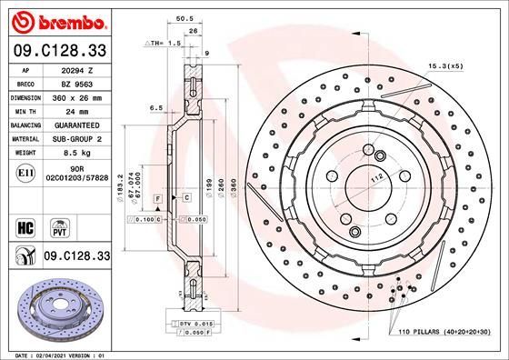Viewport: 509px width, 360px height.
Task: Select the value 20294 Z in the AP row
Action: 85,69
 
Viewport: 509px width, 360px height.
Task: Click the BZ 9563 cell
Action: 85,83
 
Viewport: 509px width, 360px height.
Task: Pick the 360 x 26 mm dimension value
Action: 85,96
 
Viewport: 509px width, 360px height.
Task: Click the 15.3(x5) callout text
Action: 445,65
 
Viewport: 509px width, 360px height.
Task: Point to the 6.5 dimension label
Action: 155,108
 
